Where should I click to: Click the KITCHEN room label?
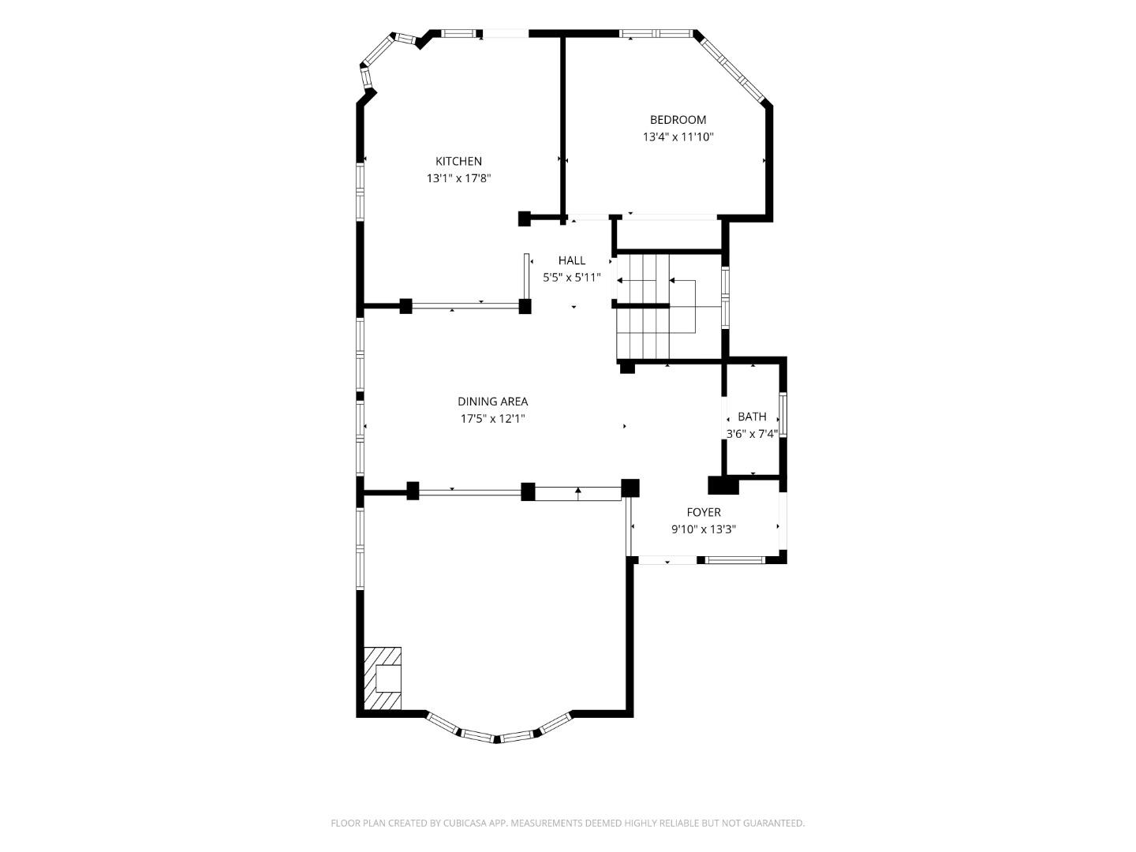pyautogui.click(x=458, y=161)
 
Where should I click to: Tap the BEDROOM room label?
pyautogui.click(x=678, y=120)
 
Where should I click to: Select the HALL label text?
pyautogui.click(x=572, y=260)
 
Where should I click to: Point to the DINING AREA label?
pyautogui.click(x=492, y=402)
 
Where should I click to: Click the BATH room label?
pyautogui.click(x=752, y=417)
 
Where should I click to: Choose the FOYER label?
pyautogui.click(x=703, y=512)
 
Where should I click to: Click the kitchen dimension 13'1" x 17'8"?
pyautogui.click(x=458, y=178)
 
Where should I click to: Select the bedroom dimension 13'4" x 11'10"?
pyautogui.click(x=678, y=137)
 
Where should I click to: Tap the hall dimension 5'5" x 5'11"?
pyautogui.click(x=572, y=278)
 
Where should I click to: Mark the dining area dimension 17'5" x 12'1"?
pyautogui.click(x=492, y=419)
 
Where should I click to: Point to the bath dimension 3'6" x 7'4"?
pyautogui.click(x=752, y=433)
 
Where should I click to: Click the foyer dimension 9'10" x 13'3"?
pyautogui.click(x=703, y=529)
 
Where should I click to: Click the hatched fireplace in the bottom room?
pyautogui.click(x=383, y=678)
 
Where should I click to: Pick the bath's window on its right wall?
pyautogui.click(x=783, y=415)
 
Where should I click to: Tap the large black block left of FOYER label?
pyautogui.click(x=723, y=484)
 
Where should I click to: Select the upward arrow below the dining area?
pyautogui.click(x=578, y=492)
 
